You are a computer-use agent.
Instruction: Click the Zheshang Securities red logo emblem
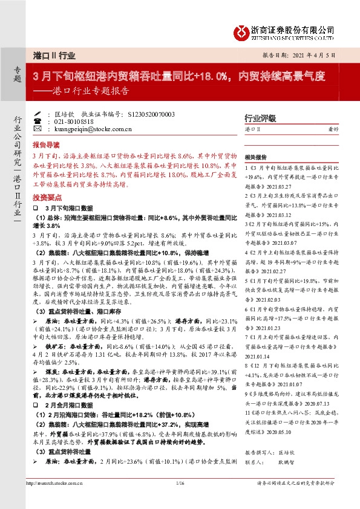[242, 31]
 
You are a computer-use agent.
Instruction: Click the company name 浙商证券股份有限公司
[293, 28]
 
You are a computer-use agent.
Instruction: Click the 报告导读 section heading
[47, 145]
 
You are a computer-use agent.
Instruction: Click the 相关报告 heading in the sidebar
[257, 155]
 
